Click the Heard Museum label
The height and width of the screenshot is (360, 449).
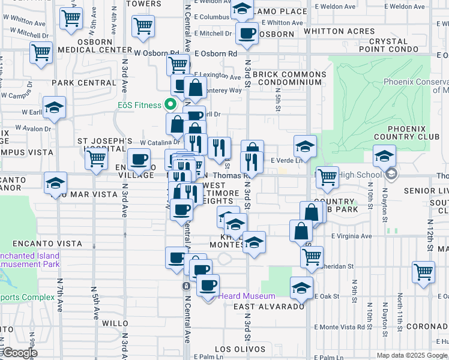(246, 296)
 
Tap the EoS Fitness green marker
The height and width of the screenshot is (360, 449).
(170, 105)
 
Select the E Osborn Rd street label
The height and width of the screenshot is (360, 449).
(215, 53)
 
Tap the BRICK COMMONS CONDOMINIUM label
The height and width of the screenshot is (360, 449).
(289, 78)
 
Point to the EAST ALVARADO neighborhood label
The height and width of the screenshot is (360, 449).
(269, 307)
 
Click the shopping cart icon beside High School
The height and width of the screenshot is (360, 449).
(327, 176)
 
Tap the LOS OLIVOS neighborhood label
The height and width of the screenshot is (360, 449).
(231, 349)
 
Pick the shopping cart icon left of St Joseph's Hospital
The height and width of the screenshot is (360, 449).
(96, 159)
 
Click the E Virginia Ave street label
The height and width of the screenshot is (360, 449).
(351, 236)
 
